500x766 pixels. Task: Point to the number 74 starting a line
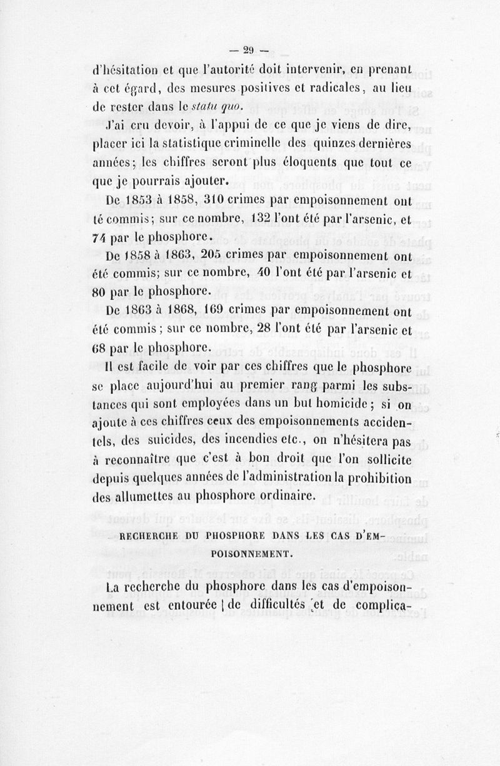[100, 238]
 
